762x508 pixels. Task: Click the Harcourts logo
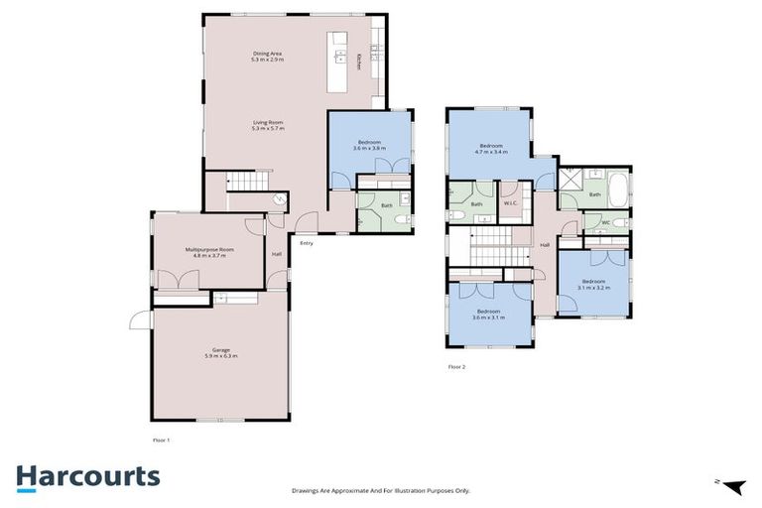(x=87, y=477)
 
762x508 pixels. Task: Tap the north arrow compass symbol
(x=731, y=485)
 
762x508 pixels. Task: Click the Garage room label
(x=220, y=349)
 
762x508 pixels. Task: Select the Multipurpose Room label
(x=208, y=249)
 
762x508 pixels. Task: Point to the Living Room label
(x=268, y=122)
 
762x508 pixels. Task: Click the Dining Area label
(x=268, y=54)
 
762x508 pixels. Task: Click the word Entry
(x=307, y=243)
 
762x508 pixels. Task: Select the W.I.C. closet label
(x=511, y=204)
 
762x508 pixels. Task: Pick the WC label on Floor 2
(x=605, y=222)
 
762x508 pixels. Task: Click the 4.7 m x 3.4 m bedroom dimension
(x=490, y=153)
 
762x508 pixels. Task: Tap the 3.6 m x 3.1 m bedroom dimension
(x=488, y=317)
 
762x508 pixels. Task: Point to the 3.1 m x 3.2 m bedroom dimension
(x=593, y=288)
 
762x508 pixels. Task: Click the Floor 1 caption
(x=162, y=440)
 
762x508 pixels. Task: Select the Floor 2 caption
(x=456, y=367)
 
